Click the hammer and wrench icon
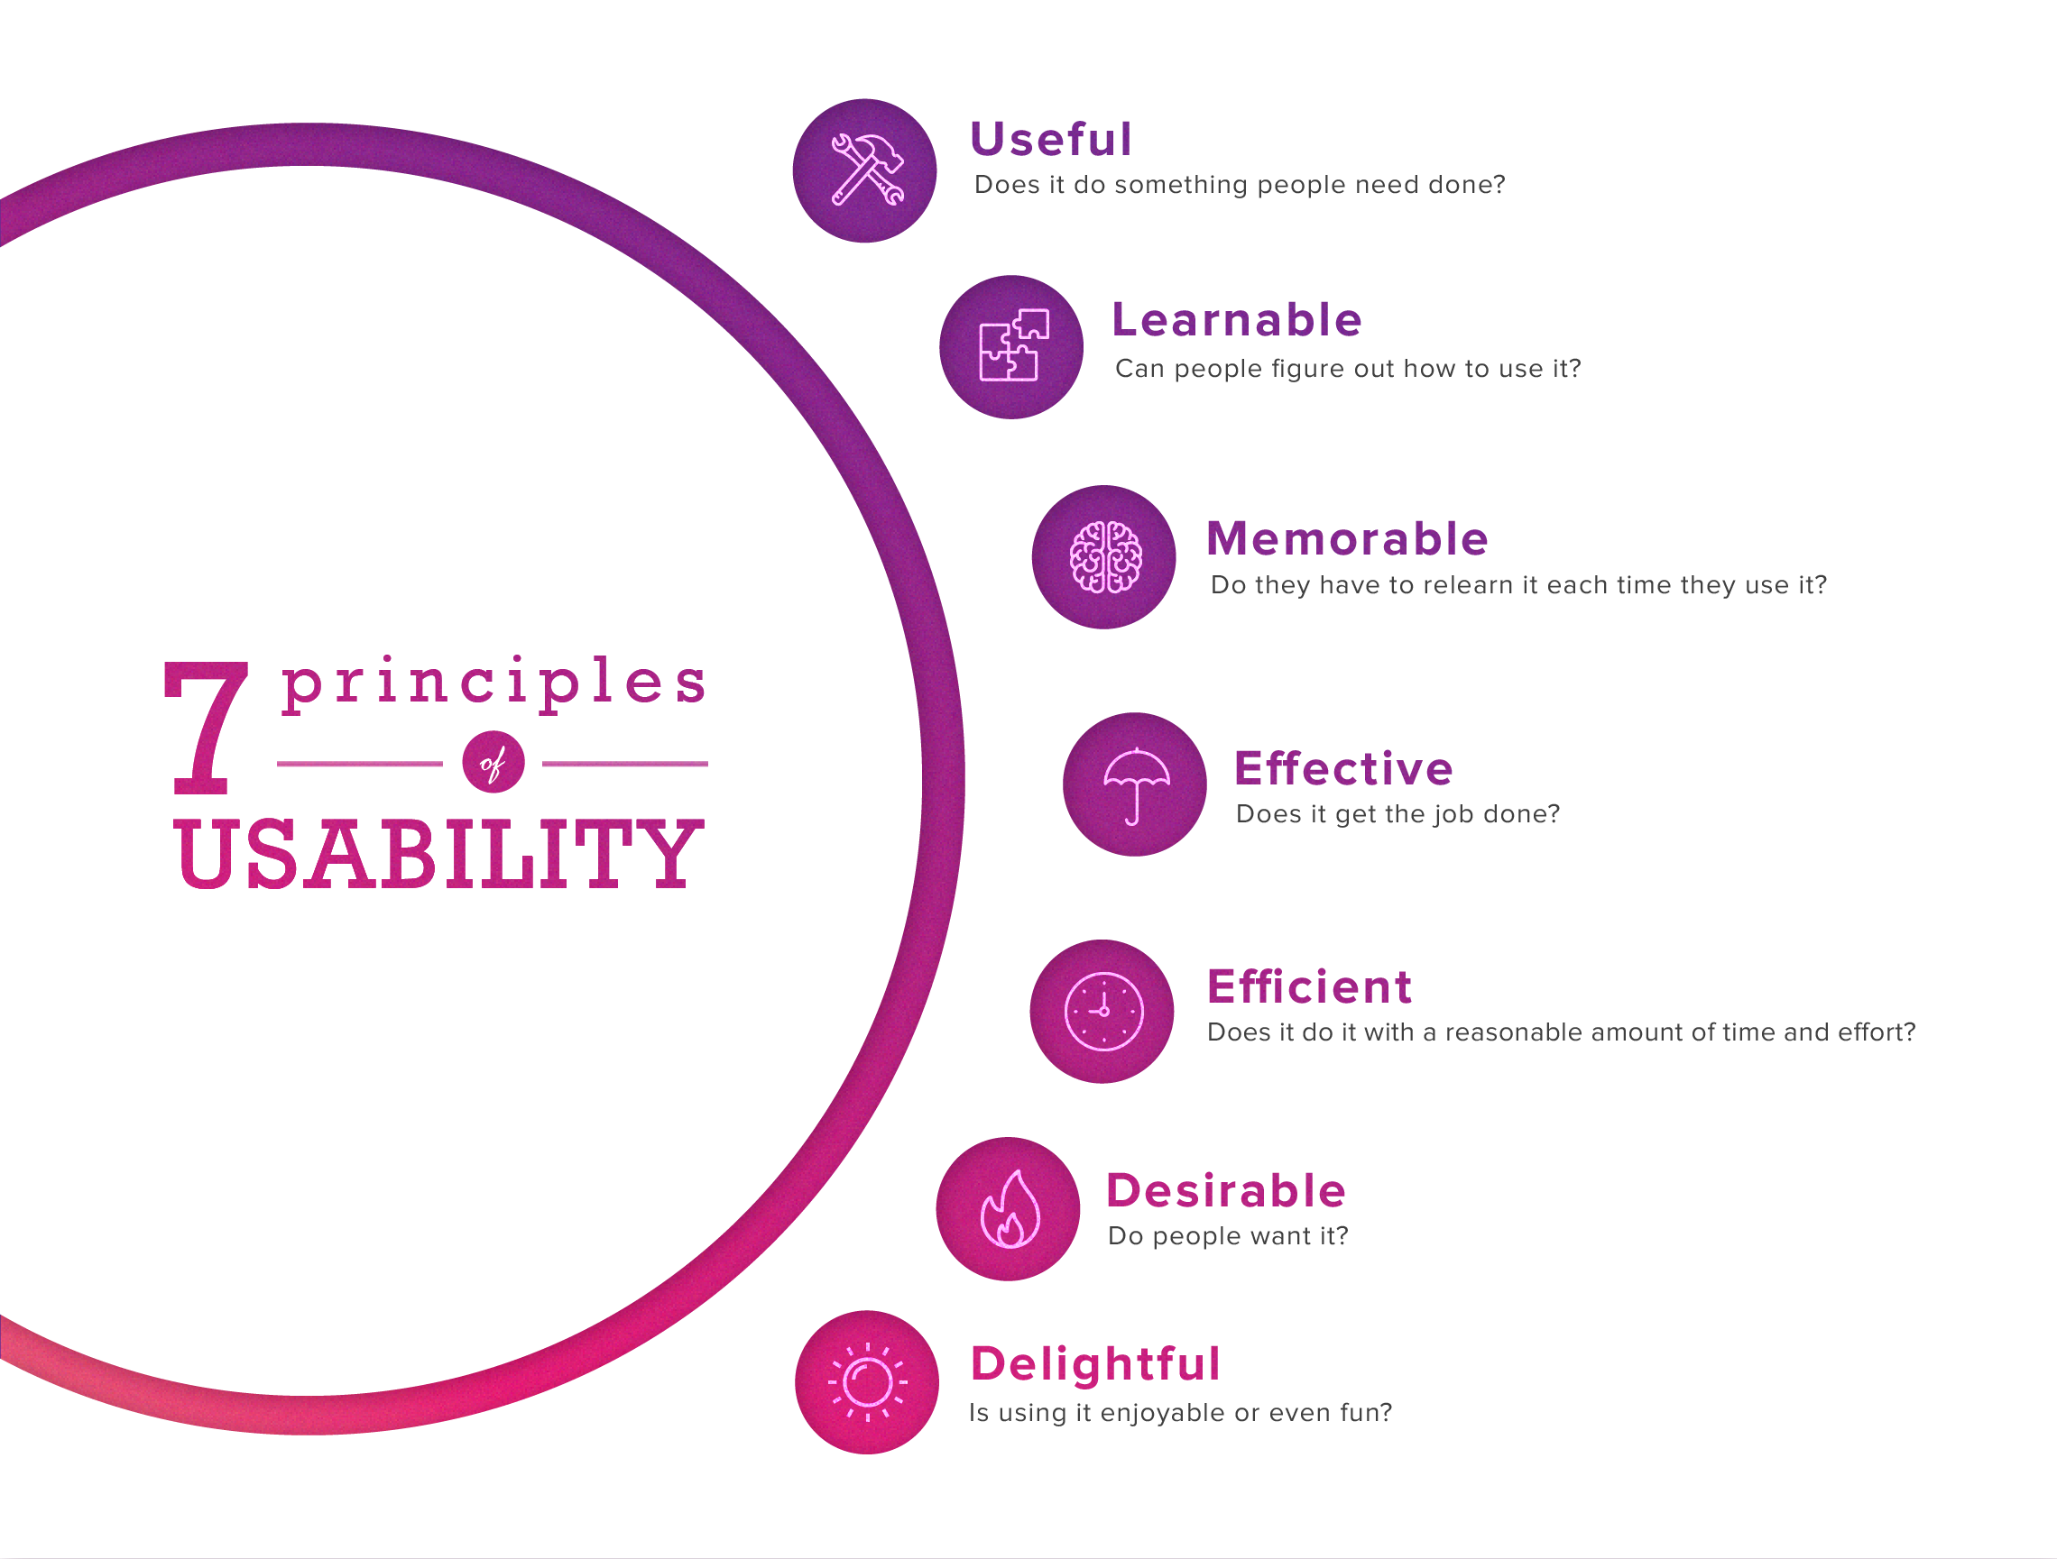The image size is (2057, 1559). (867, 170)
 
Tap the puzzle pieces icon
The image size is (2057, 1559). (1014, 345)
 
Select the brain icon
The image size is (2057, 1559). (1105, 557)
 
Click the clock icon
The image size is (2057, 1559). (1103, 1012)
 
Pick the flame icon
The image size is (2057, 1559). (1010, 1208)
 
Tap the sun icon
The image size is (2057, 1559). (868, 1382)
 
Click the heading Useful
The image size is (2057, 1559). (1051, 140)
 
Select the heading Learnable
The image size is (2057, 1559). (1237, 320)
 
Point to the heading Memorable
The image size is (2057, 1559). (1348, 538)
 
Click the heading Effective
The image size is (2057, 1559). (1342, 768)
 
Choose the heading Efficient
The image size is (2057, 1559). (1309, 986)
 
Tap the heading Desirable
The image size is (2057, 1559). (1226, 1191)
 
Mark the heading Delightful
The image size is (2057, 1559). (1094, 1363)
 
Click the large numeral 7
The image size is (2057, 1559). (207, 728)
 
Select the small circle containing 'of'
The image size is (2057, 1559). (493, 763)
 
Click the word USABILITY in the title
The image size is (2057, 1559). (437, 853)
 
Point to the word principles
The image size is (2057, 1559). (493, 685)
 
